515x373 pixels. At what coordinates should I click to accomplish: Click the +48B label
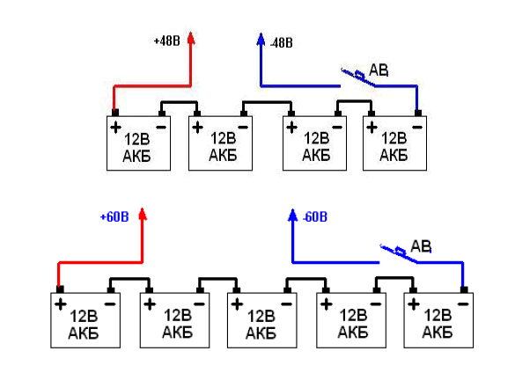coord(167,41)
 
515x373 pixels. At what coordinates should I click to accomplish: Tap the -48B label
coord(282,43)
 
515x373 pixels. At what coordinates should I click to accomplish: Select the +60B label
coord(114,217)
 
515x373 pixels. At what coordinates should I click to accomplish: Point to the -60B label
coord(315,217)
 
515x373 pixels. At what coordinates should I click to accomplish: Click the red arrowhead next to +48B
coord(191,38)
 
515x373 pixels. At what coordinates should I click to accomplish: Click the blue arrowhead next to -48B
coord(261,39)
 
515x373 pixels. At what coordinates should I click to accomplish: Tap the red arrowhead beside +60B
coord(143,214)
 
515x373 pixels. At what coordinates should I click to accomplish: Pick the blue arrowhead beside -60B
coord(292,215)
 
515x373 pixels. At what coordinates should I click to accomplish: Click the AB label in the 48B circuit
coord(379,70)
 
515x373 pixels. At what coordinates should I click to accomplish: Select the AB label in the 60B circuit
coord(421,246)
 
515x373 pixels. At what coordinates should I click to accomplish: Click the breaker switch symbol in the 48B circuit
coord(357,77)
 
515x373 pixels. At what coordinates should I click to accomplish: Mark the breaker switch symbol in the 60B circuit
coord(399,253)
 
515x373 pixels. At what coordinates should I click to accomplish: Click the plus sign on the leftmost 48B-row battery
coord(115,128)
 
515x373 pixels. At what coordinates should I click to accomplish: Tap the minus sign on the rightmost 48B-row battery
coord(417,127)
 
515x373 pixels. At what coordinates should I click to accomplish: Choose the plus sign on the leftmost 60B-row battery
coord(61,304)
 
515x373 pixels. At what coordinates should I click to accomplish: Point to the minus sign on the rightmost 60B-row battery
coord(463,304)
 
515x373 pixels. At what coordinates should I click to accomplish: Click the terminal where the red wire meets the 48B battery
coord(115,113)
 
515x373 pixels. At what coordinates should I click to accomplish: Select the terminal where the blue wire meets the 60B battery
coord(464,289)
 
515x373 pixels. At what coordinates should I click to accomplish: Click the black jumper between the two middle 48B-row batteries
coord(268,102)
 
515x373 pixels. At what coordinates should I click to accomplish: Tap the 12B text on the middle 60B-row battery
coord(261,317)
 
